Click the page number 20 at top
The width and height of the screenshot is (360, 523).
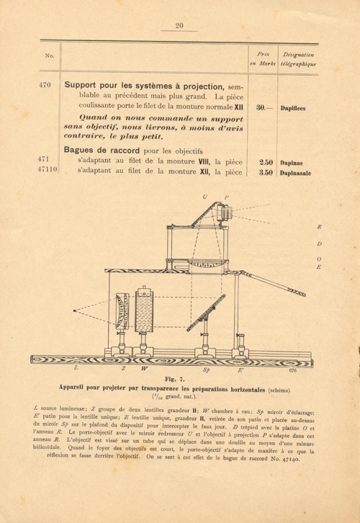(180, 27)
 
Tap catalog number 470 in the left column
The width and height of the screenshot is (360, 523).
(42, 85)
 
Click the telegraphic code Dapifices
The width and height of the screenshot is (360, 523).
(292, 108)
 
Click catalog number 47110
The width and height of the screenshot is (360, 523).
(44, 173)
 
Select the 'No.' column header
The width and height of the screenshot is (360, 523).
(50, 55)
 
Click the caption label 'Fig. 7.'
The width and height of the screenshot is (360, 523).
(175, 377)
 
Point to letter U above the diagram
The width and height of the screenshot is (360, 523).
(204, 197)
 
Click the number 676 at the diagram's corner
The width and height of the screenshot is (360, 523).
(292, 370)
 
